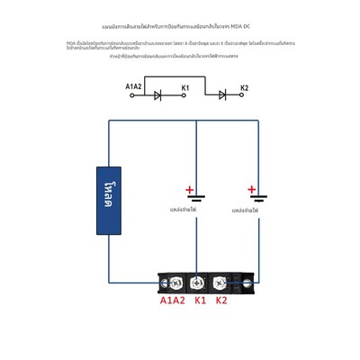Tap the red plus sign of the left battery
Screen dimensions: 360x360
[x=189, y=189]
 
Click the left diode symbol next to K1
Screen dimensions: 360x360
[x=158, y=94]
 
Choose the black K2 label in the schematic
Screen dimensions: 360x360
[x=244, y=87]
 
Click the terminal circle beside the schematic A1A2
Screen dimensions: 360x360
[x=133, y=95]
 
